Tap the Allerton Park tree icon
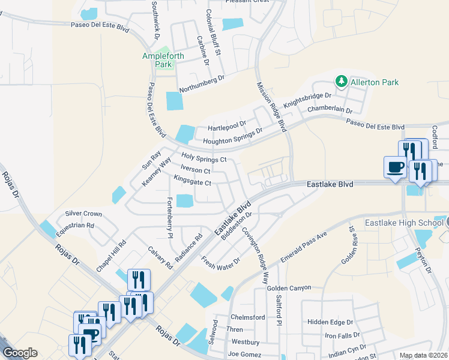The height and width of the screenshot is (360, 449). click(342, 81)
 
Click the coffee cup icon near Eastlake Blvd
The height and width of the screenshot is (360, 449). click(395, 167)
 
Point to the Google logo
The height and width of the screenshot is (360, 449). click(20, 353)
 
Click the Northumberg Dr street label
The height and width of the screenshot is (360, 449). click(200, 78)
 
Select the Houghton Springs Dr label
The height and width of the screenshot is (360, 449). click(233, 136)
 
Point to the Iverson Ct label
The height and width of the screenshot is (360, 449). click(195, 170)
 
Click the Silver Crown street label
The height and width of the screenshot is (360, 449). click(83, 214)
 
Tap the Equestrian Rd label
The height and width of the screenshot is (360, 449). click(74, 226)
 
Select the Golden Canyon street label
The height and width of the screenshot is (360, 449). click(289, 288)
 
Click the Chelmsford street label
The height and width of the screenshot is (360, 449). click(247, 317)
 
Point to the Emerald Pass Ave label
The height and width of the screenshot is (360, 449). click(304, 247)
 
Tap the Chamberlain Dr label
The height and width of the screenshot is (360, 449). click(328, 110)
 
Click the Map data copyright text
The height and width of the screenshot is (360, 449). click(422, 355)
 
